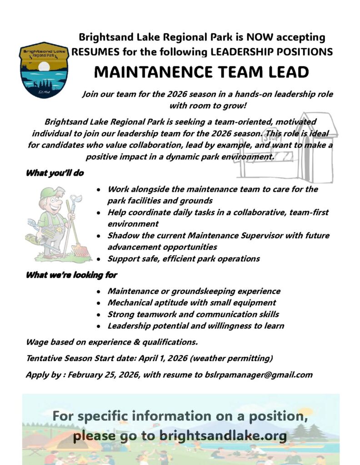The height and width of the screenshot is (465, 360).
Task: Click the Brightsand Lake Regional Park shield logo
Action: (x=44, y=70)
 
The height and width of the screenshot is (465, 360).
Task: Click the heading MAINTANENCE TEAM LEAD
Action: (x=202, y=72)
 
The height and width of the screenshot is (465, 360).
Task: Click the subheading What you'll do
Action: (x=55, y=173)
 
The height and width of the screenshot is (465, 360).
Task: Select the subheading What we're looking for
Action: (x=71, y=275)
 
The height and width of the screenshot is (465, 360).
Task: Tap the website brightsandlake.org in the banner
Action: (x=223, y=437)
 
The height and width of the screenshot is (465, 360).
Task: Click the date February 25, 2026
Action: (x=102, y=375)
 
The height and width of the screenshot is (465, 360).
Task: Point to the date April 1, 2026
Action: (x=157, y=358)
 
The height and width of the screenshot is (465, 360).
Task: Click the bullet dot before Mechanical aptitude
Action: (x=99, y=303)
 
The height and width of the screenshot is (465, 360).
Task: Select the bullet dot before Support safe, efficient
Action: (x=99, y=259)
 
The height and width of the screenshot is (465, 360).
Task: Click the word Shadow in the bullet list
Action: (x=122, y=236)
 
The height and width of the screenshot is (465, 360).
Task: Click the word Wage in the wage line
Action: (x=36, y=341)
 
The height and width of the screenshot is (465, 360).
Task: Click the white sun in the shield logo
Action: (x=44, y=67)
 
